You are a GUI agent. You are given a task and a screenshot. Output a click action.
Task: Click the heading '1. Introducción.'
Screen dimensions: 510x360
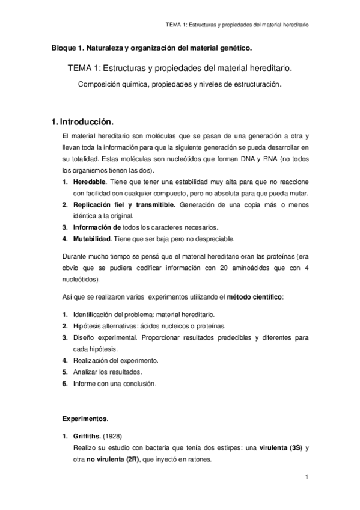[x=83, y=121]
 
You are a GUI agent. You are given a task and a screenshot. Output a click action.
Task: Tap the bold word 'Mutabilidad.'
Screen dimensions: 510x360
[x=92, y=239]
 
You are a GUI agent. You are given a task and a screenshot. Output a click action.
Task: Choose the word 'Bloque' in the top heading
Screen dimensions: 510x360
[x=63, y=46]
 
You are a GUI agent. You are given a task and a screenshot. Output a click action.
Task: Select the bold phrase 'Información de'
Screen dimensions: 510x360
[x=97, y=227]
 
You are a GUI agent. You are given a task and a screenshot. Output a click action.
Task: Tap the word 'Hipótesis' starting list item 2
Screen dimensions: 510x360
[x=87, y=326]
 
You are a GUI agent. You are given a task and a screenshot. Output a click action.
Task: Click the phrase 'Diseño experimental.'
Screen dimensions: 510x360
[x=105, y=337]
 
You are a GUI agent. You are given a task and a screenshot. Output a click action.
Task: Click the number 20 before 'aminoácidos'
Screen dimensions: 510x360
[x=210, y=269]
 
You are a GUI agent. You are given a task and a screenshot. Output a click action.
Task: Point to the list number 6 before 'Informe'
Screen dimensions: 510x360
[x=64, y=383]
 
